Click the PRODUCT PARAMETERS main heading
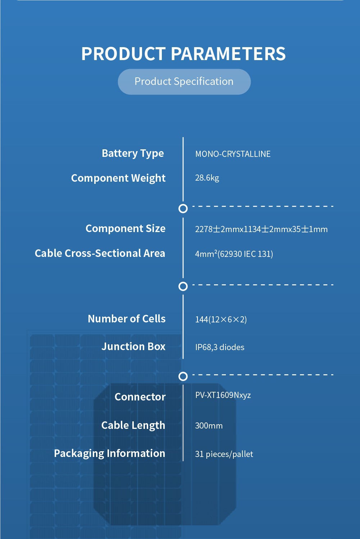tap(183, 54)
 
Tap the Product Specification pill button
tap(184, 82)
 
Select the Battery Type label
tap(133, 154)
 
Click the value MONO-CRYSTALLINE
tap(233, 154)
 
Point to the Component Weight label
tap(118, 178)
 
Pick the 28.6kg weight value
tap(207, 178)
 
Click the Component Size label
tap(126, 228)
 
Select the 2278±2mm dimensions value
tap(261, 229)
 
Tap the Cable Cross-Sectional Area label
tap(100, 253)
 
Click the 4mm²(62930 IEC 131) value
tap(234, 254)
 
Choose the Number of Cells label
tap(127, 319)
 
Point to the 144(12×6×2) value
tap(221, 320)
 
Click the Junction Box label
tap(133, 346)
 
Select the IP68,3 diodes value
tap(220, 347)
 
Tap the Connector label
tap(140, 397)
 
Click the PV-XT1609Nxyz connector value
tap(223, 395)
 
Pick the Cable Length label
tap(133, 425)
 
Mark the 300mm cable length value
tap(209, 426)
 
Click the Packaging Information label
tap(110, 453)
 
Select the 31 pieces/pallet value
tap(224, 454)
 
